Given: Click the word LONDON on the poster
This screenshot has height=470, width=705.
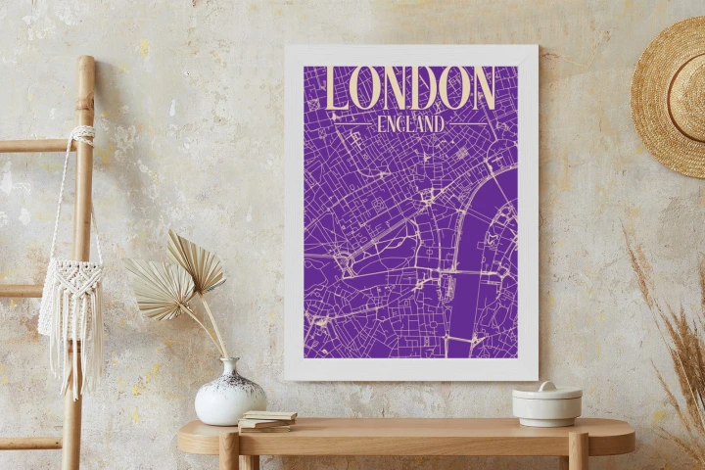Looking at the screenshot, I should [410, 88].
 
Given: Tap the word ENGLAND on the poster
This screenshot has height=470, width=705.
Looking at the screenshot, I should [410, 123].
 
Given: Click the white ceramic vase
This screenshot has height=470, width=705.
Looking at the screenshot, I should [229, 396].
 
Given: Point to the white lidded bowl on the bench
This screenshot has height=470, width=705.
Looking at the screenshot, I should [546, 404].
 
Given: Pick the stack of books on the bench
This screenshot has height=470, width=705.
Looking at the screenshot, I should [266, 421].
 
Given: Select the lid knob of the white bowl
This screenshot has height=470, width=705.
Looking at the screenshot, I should [546, 386].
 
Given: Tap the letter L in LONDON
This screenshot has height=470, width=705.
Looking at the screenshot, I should [340, 89].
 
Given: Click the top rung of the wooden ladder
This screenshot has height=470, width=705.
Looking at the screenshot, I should [39, 146].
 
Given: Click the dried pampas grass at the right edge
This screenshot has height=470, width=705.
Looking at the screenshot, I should [681, 333].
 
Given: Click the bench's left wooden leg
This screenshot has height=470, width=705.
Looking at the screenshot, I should [229, 452].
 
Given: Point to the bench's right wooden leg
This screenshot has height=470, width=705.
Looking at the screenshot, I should [578, 452].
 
